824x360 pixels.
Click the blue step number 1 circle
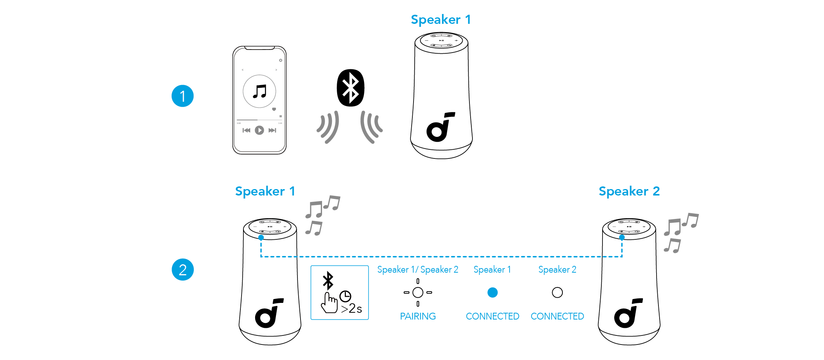click(x=183, y=96)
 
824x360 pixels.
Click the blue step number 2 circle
click(x=183, y=270)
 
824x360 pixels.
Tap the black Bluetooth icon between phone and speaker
click(x=350, y=88)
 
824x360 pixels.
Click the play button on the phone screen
click(x=259, y=130)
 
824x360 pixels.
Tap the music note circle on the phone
click(x=259, y=91)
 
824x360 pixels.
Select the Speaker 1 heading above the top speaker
click(x=441, y=20)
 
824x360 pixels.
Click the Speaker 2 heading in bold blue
click(x=629, y=191)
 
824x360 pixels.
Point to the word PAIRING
click(x=418, y=316)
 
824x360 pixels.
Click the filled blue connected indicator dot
click(x=493, y=292)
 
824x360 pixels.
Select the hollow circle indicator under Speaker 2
click(x=557, y=292)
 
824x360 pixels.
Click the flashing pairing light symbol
click(x=418, y=292)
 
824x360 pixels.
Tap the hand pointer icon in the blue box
click(x=329, y=303)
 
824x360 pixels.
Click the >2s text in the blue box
click(x=352, y=309)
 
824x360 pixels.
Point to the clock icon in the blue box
click(x=345, y=296)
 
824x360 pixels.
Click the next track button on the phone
click(x=272, y=130)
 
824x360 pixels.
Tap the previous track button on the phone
click(x=246, y=130)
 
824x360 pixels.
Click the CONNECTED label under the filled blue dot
click(x=493, y=316)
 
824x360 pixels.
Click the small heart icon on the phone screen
click(x=274, y=109)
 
